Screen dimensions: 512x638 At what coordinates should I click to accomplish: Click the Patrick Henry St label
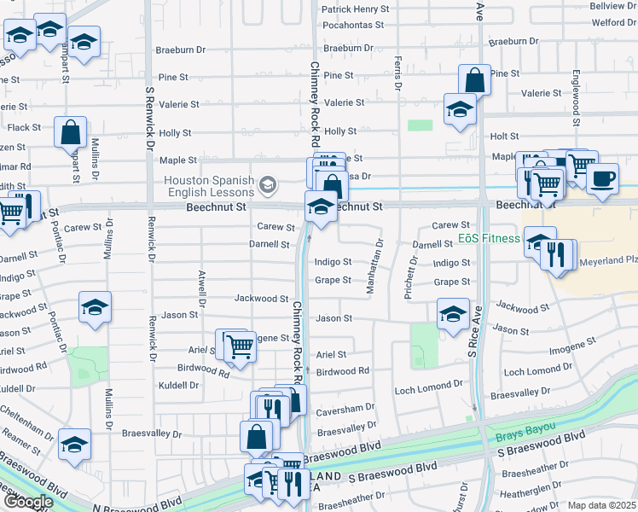(x=355, y=9)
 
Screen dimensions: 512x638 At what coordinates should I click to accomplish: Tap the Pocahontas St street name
(x=355, y=25)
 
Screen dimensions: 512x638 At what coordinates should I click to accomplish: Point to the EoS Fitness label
(x=489, y=238)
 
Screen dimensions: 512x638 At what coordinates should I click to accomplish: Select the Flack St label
(x=24, y=128)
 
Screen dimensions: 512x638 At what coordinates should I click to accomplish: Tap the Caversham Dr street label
(x=345, y=409)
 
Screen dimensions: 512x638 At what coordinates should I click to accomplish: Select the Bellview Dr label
(x=613, y=6)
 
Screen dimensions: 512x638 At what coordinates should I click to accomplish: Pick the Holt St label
(x=505, y=136)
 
